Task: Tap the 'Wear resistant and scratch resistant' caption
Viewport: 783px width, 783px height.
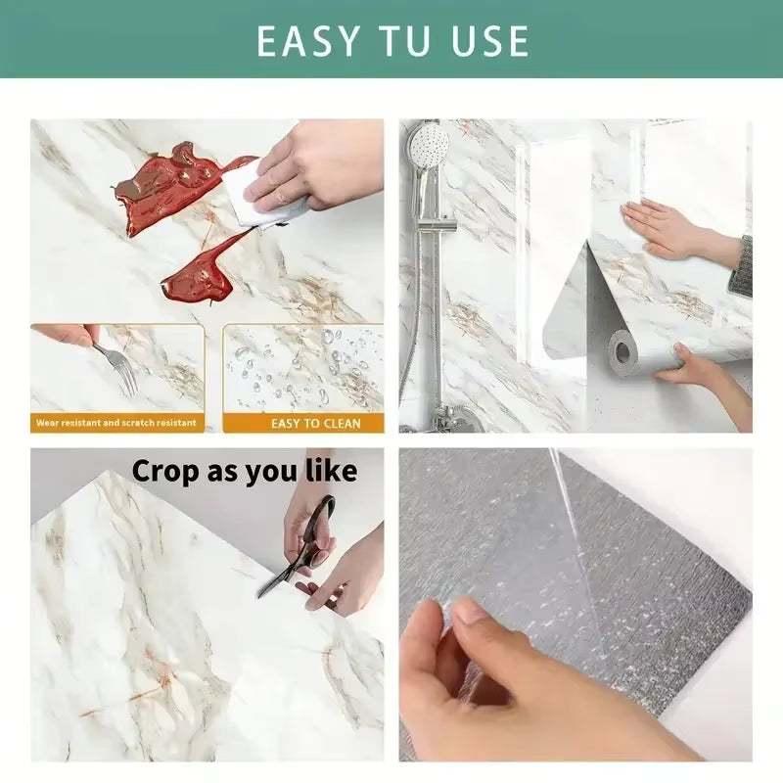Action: pyautogui.click(x=115, y=423)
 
